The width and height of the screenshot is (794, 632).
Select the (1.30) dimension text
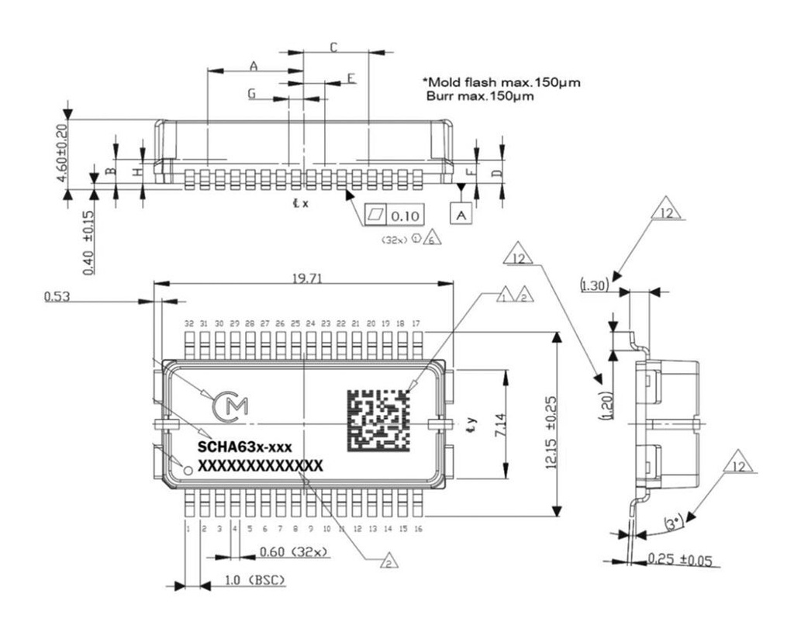[593, 285]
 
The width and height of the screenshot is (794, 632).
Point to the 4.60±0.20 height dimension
[63, 155]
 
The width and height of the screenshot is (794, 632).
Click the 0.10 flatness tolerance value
[402, 214]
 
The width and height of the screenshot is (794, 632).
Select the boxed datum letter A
[462, 214]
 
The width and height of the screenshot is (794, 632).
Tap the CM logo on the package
[232, 406]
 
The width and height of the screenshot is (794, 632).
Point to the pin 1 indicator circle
[187, 468]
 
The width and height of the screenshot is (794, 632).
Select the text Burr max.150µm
[480, 96]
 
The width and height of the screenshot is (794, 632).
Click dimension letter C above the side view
[333, 47]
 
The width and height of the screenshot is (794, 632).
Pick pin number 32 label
[188, 323]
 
